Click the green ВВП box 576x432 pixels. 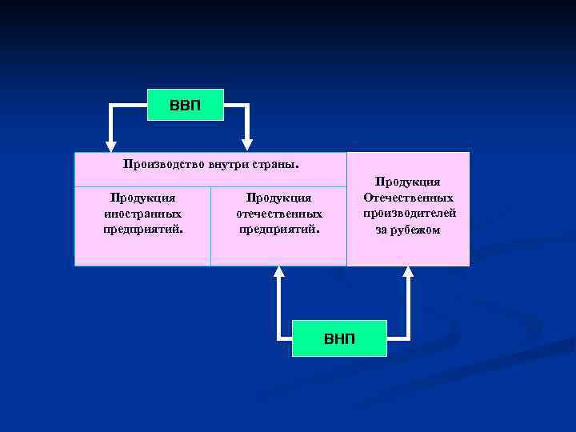186,105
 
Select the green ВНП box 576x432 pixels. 339,338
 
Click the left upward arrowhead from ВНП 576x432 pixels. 278,273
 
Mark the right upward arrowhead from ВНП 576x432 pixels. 408,273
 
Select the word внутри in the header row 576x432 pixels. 229,164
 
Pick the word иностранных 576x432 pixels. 143,214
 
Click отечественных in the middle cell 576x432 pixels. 279,214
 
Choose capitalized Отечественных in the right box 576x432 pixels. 408,198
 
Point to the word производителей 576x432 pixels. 409,214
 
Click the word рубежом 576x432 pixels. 416,230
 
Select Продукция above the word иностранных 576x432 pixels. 143,198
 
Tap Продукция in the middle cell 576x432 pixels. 279,198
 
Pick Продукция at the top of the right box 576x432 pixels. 408,182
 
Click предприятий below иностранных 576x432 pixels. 142,230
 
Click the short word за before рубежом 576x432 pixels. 382,230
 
